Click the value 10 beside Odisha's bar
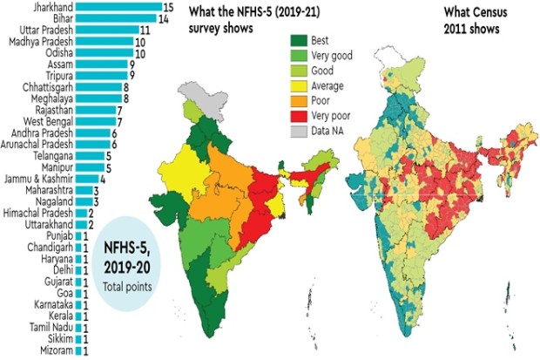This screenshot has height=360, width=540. tap(140, 54)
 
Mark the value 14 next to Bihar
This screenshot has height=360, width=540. tap(164, 18)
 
